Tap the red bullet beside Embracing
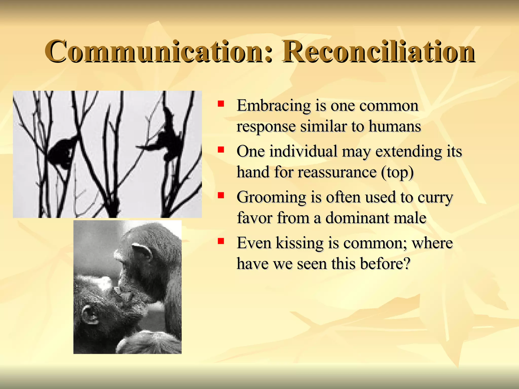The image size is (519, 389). tap(221, 104)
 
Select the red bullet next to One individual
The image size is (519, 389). tap(221, 150)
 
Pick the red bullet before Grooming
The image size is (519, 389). tap(221, 195)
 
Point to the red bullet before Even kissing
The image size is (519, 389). tap(221, 241)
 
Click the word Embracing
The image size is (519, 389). tap(274, 106)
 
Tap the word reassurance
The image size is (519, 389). tap(337, 172)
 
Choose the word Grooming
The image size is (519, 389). tap(271, 198)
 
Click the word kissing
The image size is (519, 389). tap(299, 243)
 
